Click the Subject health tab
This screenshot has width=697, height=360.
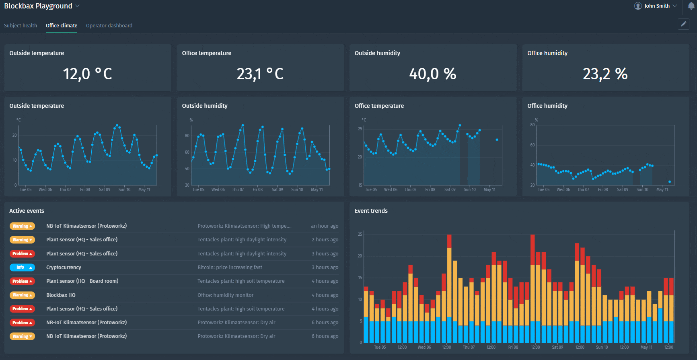pyautogui.click(x=21, y=25)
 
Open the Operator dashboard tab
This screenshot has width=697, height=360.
pyautogui.click(x=109, y=25)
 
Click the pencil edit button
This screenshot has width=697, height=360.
pyautogui.click(x=683, y=24)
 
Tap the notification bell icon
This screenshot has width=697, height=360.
pyautogui.click(x=691, y=6)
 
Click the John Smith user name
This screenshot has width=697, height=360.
pyautogui.click(x=657, y=6)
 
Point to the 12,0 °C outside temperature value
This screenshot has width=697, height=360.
pyautogui.click(x=87, y=74)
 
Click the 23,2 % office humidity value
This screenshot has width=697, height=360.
pyautogui.click(x=605, y=74)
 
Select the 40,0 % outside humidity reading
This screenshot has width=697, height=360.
pyautogui.click(x=432, y=74)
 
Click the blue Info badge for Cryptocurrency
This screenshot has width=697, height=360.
pyautogui.click(x=22, y=267)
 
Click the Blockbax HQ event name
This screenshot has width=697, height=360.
pyautogui.click(x=61, y=295)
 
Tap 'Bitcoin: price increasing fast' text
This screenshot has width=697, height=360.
pyautogui.click(x=230, y=267)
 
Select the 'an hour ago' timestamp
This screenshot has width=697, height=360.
pyautogui.click(x=324, y=226)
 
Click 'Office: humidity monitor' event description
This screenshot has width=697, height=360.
pyautogui.click(x=225, y=295)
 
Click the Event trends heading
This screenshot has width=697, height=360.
pyautogui.click(x=371, y=211)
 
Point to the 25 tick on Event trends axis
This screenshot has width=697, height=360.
pyautogui.click(x=360, y=234)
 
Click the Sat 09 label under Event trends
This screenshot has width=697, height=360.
pyautogui.click(x=557, y=347)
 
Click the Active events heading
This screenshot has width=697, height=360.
pyautogui.click(x=27, y=211)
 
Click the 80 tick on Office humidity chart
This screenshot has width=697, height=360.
pyautogui.click(x=532, y=125)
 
